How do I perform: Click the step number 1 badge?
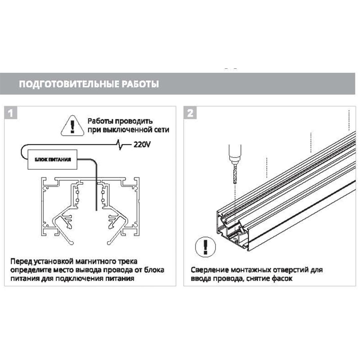pyautogui.click(x=10, y=113)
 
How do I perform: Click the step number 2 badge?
pyautogui.click(x=190, y=113)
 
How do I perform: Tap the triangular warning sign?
pyautogui.click(x=72, y=126)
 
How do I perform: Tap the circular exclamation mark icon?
pyautogui.click(x=206, y=247)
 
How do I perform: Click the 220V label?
pyautogui.click(x=142, y=145)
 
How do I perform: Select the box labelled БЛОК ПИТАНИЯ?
pyautogui.click(x=52, y=159)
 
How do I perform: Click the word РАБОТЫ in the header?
pyautogui.click(x=140, y=84)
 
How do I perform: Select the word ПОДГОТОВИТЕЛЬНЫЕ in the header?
pyautogui.click(x=69, y=84)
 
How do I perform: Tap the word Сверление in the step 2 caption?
pyautogui.click(x=209, y=270)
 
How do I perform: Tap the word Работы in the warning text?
pyautogui.click(x=100, y=121)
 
